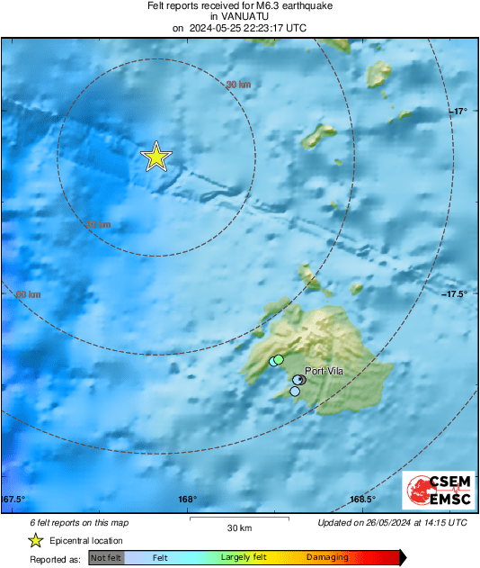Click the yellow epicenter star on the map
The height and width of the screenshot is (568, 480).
[156, 157]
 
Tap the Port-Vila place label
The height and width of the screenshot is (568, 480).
[324, 370]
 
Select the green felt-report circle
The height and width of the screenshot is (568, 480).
[279, 359]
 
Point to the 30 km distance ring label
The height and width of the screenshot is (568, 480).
[238, 85]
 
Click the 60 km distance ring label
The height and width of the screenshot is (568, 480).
[29, 293]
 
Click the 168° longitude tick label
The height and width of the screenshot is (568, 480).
[187, 500]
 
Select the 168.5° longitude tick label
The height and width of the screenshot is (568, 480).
[362, 500]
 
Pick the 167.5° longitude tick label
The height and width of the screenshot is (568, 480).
[13, 500]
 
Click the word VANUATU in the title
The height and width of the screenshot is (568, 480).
[239, 16]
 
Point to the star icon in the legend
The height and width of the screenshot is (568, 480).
[35, 540]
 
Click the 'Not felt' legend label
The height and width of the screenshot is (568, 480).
[106, 558]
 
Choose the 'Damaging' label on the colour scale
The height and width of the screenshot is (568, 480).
[327, 558]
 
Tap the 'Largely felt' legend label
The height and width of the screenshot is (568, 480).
[243, 558]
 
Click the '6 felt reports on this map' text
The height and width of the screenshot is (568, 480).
[78, 522]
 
